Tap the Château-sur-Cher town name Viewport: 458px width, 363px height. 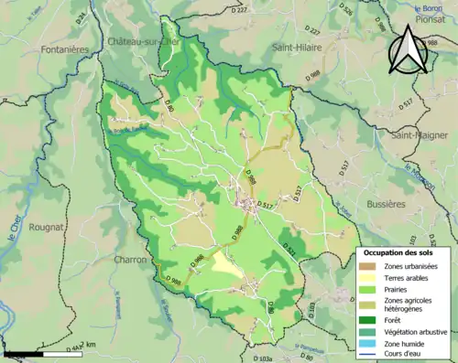click(x=142, y=43)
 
